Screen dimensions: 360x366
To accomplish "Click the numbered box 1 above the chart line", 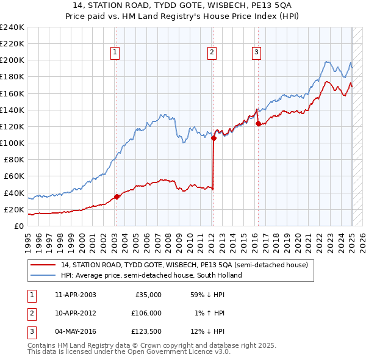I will pos(115,53).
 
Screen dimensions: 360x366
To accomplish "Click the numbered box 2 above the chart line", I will pos(212,53).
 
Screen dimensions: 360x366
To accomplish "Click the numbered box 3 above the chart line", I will pos(256,53).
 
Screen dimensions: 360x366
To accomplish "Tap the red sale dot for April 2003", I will pos(117,197).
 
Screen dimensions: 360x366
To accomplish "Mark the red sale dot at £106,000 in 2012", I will pos(213,139).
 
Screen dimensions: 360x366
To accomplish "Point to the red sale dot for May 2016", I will pos(258,124).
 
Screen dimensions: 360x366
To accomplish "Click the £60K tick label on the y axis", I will pos(14,176).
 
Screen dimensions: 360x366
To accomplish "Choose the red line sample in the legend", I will pos(44,265).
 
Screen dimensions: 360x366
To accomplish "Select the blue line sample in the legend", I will pos(44,275).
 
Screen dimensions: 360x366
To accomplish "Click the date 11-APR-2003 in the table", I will pos(75,295).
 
